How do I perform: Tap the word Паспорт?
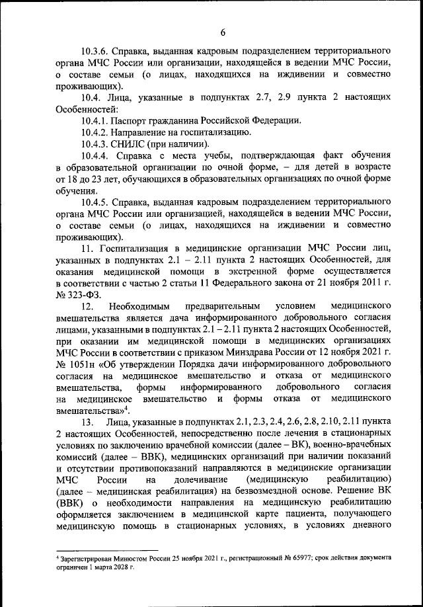[x=132, y=121]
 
